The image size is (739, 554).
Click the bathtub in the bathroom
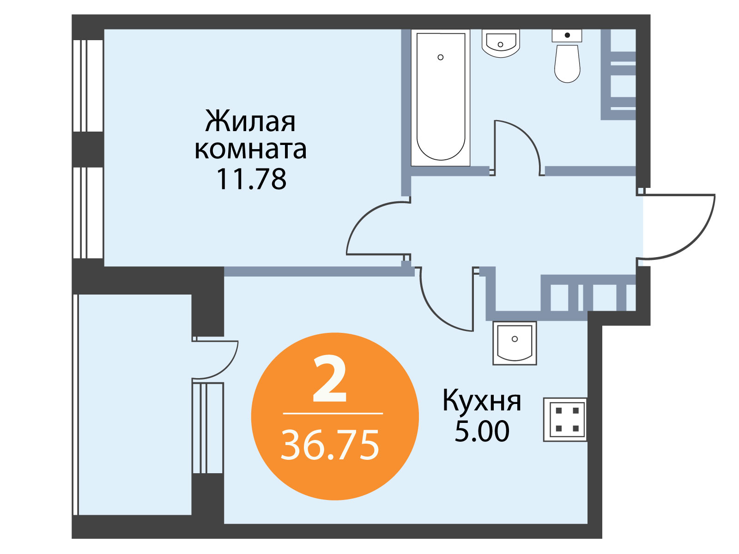440,97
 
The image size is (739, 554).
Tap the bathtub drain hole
440,57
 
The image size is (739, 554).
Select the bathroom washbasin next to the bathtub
501,43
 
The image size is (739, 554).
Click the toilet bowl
567,63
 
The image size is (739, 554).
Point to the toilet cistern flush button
567,35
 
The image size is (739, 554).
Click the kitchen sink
515,343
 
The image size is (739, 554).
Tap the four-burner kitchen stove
565,420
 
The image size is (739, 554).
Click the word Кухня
481,401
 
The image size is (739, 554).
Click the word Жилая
250,121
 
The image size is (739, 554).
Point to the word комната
250,150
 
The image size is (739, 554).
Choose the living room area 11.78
251,179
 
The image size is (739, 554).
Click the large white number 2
330,379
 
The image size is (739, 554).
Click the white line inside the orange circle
333,413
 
